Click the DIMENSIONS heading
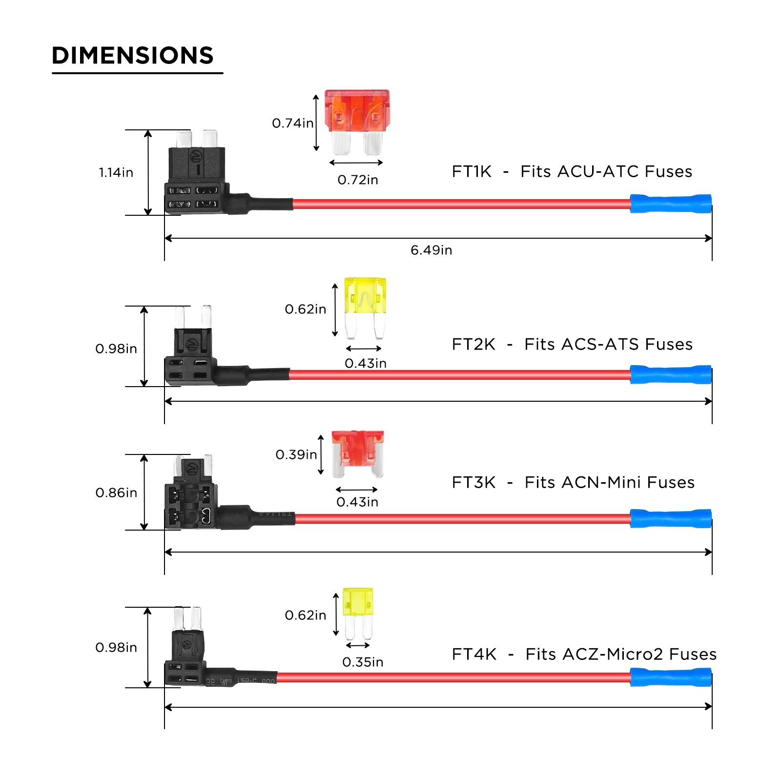pyautogui.click(x=133, y=56)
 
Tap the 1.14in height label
pyautogui.click(x=116, y=172)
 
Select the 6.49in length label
pyautogui.click(x=431, y=250)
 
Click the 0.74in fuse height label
pyautogui.click(x=292, y=123)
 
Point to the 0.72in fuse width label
pyautogui.click(x=358, y=180)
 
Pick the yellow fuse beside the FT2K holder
pyautogui.click(x=365, y=308)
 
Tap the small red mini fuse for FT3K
pyautogui.click(x=357, y=453)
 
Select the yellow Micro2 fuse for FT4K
pyautogui.click(x=358, y=613)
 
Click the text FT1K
pyautogui.click(x=472, y=171)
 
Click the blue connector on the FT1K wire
pyautogui.click(x=671, y=204)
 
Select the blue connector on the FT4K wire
pyautogui.click(x=671, y=678)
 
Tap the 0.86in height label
pyautogui.click(x=116, y=493)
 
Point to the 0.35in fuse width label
pyautogui.click(x=363, y=662)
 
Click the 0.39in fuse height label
pyautogui.click(x=296, y=454)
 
